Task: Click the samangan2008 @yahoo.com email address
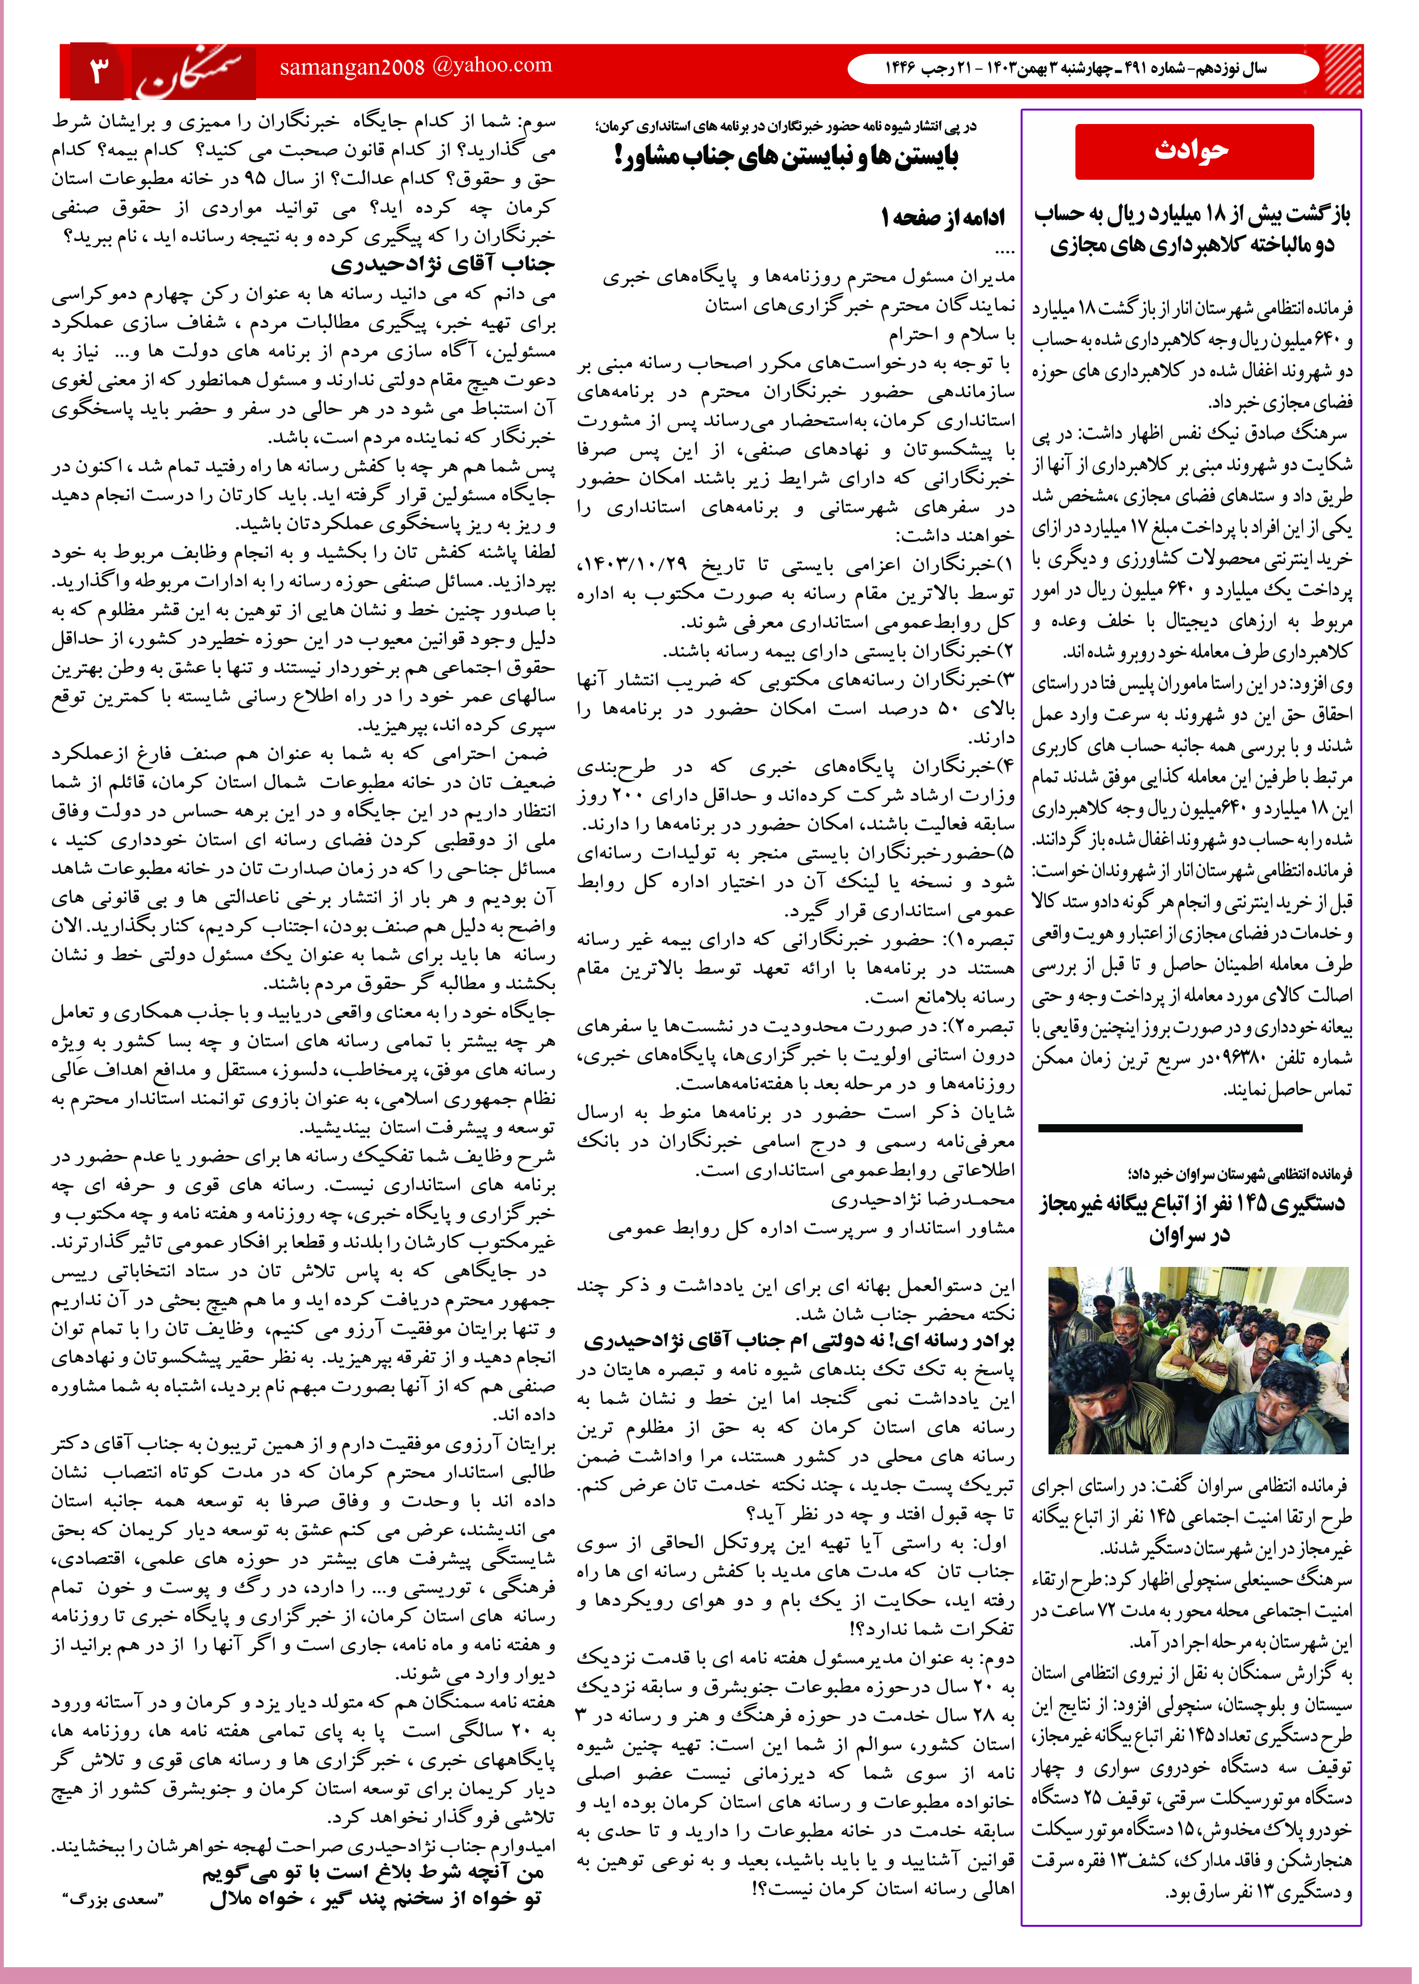[x=416, y=66]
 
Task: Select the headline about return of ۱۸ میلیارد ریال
[x=1193, y=229]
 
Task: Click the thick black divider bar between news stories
[x=1195, y=1128]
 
